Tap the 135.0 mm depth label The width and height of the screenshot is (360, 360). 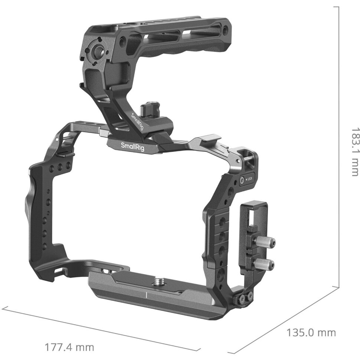tap(311, 333)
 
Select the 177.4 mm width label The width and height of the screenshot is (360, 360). tap(69, 347)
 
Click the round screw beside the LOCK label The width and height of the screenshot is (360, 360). tap(242, 180)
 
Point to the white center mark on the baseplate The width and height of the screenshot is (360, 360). tap(147, 295)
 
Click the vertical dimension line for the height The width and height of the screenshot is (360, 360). tap(339, 148)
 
